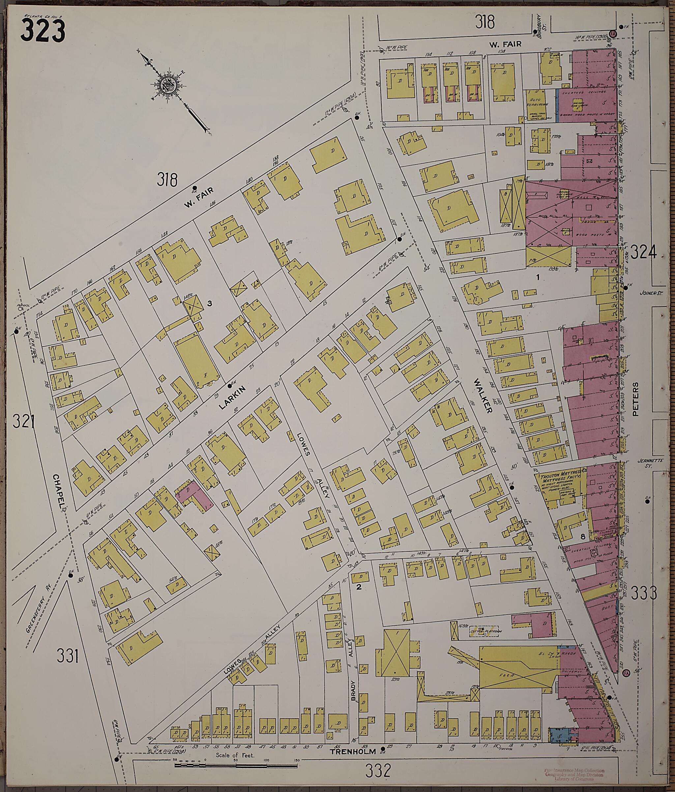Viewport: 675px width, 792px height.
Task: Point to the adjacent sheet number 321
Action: coord(23,422)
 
